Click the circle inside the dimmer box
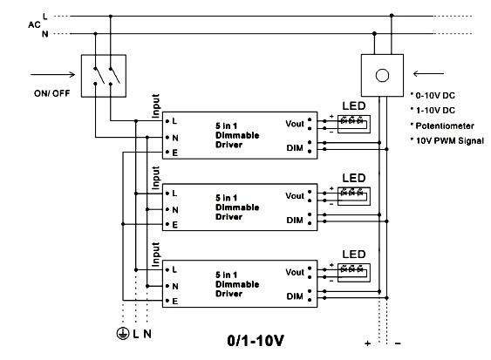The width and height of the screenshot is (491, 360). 382,76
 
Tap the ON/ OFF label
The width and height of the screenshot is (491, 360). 52,93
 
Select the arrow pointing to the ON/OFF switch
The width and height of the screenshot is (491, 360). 52,74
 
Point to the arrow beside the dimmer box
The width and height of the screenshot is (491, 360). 428,74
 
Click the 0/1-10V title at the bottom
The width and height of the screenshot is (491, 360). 256,341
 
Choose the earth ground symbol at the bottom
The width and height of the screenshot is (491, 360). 123,334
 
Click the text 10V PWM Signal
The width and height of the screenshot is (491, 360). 450,141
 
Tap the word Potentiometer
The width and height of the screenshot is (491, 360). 445,126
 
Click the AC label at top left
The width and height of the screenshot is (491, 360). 34,24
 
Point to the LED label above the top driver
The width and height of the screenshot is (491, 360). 354,105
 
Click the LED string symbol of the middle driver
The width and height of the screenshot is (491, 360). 354,196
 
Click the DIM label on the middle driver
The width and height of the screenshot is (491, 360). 295,220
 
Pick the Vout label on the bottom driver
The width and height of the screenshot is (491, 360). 295,272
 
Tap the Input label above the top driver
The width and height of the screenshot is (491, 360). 155,105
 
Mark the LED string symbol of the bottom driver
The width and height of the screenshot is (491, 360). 354,273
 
